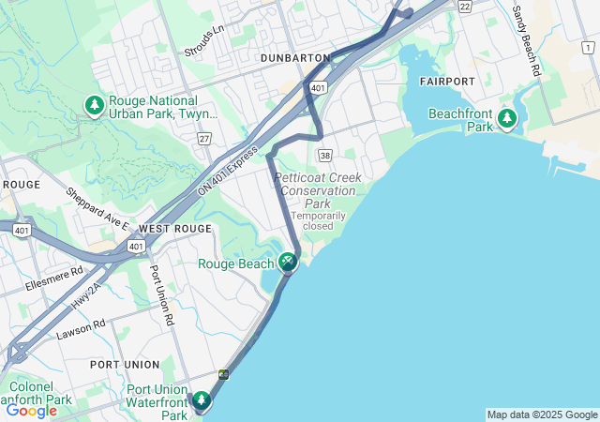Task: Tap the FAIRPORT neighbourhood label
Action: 447,82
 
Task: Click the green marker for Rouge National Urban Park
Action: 94,106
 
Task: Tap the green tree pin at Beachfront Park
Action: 507,118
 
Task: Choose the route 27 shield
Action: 204,139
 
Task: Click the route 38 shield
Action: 324,155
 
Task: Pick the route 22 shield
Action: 465,6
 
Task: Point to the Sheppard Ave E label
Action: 97,208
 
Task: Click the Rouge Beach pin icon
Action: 288,262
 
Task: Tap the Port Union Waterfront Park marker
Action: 202,401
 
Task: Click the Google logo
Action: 31,410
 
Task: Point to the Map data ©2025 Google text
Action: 542,414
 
